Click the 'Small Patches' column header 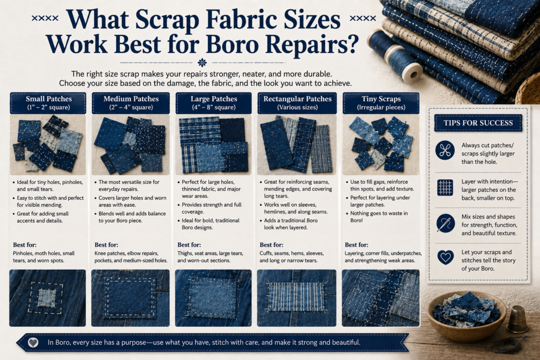[x=48, y=103]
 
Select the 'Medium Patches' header [x=131, y=103]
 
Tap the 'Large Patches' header [x=214, y=103]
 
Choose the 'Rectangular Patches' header [x=297, y=103]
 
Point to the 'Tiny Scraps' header [x=381, y=103]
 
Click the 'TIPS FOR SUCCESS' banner [x=478, y=123]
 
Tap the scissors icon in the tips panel [x=445, y=150]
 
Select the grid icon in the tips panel [x=445, y=188]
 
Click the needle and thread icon [x=445, y=223]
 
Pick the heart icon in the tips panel [x=445, y=257]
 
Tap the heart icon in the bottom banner [x=33, y=343]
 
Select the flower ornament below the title [x=202, y=63]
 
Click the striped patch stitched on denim [x=296, y=296]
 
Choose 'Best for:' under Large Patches [x=189, y=245]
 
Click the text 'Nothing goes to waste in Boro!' [x=379, y=217]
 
